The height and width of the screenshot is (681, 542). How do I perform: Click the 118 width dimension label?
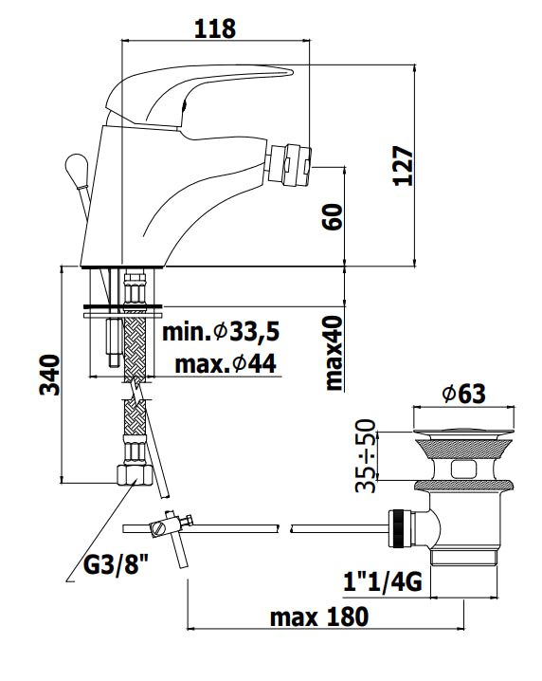pyautogui.click(x=215, y=28)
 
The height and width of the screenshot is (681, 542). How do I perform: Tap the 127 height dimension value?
pyautogui.click(x=403, y=166)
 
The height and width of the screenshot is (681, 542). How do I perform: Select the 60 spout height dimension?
pyautogui.click(x=333, y=216)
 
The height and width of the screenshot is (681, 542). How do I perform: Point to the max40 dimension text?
pyautogui.click(x=334, y=352)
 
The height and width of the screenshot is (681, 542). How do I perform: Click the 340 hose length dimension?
pyautogui.click(x=49, y=375)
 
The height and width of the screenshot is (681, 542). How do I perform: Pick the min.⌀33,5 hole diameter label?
pyautogui.click(x=221, y=332)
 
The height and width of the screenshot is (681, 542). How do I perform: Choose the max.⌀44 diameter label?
pyautogui.click(x=226, y=364)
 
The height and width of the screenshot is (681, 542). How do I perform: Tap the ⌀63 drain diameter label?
pyautogui.click(x=464, y=394)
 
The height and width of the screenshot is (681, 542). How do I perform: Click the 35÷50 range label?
pyautogui.click(x=365, y=455)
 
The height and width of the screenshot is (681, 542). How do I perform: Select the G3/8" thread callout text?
pyautogui.click(x=116, y=565)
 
